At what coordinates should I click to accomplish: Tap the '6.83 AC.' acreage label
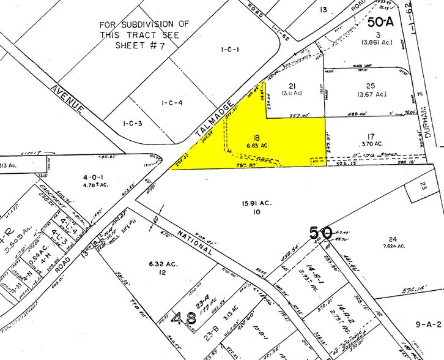pos(256,146)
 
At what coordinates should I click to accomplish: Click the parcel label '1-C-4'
pos(172,102)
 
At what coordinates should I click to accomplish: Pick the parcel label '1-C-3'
pos(132,124)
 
